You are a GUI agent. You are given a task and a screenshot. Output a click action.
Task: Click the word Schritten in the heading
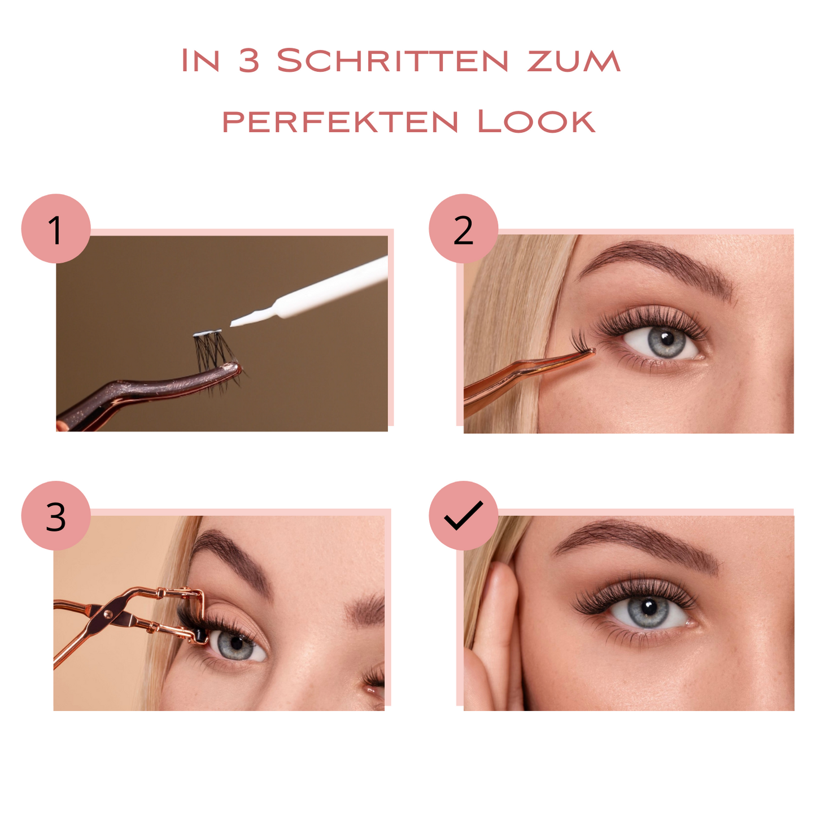392,60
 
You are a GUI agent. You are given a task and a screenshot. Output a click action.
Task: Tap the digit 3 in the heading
248,60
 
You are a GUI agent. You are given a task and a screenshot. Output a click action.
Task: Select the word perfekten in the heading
340,121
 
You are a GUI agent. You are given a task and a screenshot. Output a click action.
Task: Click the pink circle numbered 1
56,229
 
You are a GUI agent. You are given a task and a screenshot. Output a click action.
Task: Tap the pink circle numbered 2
463,229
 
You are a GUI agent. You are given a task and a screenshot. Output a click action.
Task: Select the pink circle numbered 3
56,516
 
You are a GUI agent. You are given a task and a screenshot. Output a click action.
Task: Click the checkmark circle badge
463,516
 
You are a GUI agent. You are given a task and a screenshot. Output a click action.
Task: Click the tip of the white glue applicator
231,325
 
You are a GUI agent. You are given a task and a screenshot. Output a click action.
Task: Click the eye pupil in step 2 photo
667,338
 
